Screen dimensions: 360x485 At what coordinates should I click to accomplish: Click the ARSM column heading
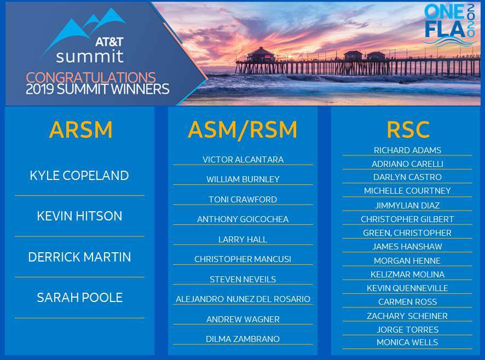[x=80, y=130]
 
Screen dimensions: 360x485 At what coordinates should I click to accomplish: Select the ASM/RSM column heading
[x=242, y=130]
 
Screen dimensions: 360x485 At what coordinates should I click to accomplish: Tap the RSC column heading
[x=407, y=130]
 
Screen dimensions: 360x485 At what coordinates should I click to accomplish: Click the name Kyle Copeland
[x=79, y=176]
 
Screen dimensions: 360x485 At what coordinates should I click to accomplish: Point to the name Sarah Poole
[x=79, y=298]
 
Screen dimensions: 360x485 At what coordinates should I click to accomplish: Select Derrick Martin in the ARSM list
[x=79, y=257]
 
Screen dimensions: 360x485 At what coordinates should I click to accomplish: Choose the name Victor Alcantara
[x=243, y=160]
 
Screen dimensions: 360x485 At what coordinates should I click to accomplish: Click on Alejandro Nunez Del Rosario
[x=243, y=299]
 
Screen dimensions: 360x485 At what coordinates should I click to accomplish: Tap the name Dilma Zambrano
[x=243, y=339]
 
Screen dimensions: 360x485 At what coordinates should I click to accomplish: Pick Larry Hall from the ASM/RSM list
[x=243, y=240]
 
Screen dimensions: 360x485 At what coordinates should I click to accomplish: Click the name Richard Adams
[x=407, y=150]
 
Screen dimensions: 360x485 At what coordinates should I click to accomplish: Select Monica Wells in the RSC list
[x=407, y=342]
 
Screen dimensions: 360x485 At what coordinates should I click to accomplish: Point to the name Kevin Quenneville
[x=407, y=288]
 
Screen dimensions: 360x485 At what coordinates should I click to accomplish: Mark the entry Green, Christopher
[x=407, y=233]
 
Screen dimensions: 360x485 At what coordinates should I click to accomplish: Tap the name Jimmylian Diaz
[x=407, y=206]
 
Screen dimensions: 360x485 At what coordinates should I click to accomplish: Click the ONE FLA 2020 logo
[x=450, y=25]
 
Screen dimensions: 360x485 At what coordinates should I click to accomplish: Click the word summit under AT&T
[x=90, y=56]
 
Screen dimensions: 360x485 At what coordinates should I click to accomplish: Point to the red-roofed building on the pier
[x=260, y=54]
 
